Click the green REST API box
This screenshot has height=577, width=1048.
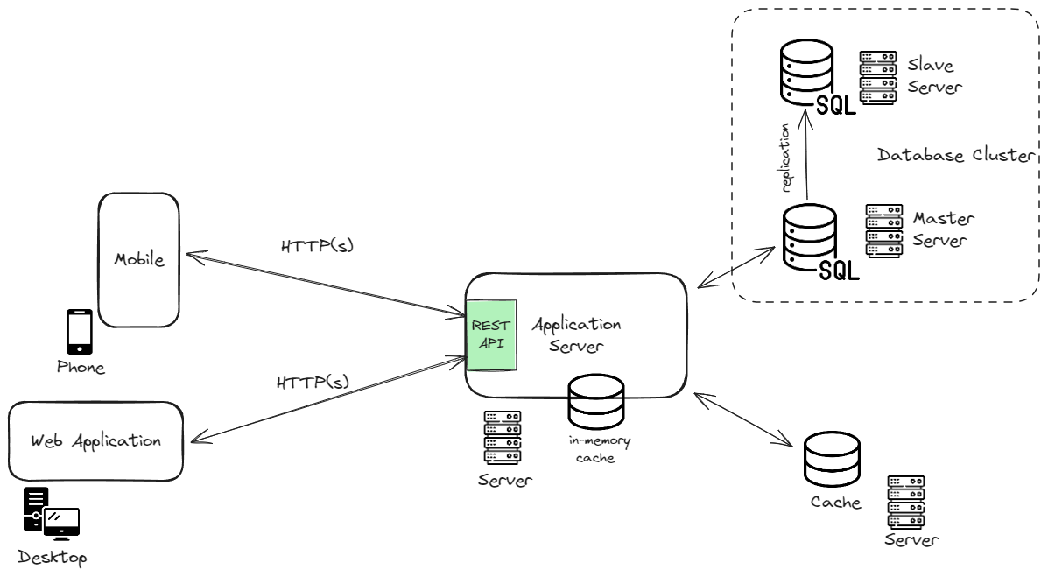[491, 335]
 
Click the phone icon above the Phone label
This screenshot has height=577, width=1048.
[80, 332]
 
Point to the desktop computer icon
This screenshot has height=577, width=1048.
[52, 513]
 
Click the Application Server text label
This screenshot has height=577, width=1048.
[576, 335]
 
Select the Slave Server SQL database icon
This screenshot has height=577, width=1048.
[817, 77]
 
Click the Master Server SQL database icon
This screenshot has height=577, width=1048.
[820, 242]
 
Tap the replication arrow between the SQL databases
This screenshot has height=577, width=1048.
[806, 154]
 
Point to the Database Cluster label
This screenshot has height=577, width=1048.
[956, 155]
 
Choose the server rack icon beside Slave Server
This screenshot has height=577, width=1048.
[878, 77]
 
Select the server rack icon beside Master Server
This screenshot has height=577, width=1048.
[884, 230]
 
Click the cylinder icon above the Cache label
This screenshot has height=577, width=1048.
[832, 460]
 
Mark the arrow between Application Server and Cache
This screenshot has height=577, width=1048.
[743, 419]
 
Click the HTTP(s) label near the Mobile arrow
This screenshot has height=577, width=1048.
[317, 245]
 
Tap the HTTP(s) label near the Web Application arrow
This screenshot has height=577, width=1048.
[313, 382]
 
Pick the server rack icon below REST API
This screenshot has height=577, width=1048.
[503, 438]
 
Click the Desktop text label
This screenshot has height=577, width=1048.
[53, 558]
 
